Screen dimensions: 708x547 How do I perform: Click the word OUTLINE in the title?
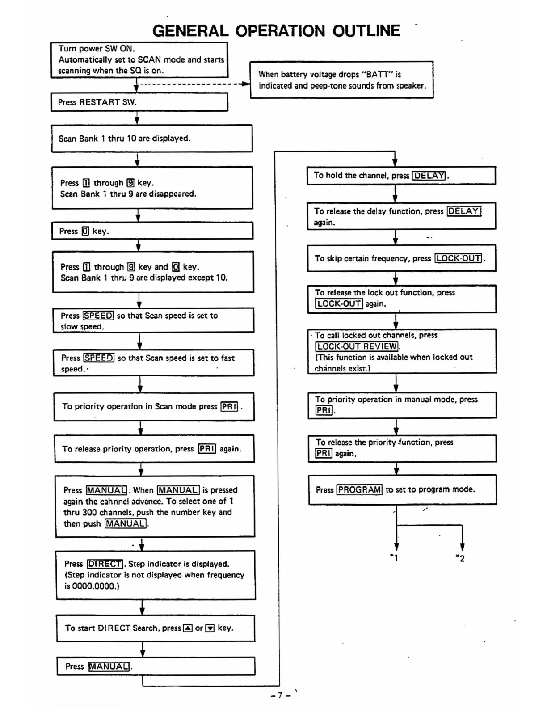[366, 31]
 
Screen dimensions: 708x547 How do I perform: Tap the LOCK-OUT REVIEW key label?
[357, 346]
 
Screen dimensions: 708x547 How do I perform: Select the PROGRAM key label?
[359, 489]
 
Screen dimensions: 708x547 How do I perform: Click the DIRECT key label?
[105, 564]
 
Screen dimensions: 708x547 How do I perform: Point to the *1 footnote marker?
[394, 557]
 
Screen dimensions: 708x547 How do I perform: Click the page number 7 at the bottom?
[280, 695]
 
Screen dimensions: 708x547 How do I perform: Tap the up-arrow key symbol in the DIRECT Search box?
[188, 628]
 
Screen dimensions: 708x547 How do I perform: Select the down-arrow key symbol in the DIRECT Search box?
[210, 628]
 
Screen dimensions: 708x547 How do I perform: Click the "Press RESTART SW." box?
[139, 102]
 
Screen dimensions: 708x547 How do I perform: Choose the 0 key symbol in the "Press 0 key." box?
[85, 231]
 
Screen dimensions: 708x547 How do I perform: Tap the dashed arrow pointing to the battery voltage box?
[192, 84]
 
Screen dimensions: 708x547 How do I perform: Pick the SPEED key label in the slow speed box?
[98, 316]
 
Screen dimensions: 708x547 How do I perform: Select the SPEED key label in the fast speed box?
[99, 358]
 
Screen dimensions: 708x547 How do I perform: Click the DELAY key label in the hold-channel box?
[429, 176]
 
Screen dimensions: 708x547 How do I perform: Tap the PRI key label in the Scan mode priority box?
[229, 406]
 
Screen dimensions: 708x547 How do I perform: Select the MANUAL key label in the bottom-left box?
[109, 666]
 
